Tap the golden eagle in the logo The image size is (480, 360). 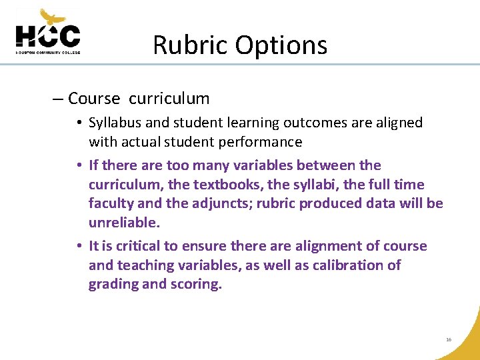53,17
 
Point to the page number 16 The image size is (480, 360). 449,339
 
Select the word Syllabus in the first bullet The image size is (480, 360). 115,123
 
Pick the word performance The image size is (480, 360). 263,142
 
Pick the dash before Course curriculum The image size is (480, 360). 57,99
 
